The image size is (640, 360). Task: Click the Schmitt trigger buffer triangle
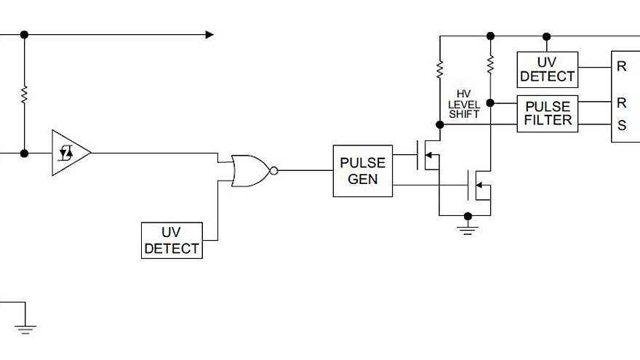click(70, 153)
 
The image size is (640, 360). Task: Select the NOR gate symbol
click(249, 171)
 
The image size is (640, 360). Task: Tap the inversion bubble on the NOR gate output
click(273, 171)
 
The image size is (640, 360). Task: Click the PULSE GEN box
click(362, 171)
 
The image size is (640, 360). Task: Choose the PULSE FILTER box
click(547, 113)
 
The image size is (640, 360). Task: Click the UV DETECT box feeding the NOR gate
click(172, 241)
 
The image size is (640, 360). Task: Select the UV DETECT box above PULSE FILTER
click(547, 69)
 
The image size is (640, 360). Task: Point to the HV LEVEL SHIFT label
click(464, 104)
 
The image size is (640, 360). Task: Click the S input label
click(622, 125)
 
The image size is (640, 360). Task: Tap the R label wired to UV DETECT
click(622, 66)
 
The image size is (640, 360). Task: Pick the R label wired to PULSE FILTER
click(622, 103)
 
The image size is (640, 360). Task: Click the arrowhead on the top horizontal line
click(209, 34)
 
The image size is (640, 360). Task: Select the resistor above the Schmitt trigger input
click(24, 95)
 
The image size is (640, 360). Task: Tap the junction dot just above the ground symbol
click(468, 216)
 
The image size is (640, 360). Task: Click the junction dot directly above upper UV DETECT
click(547, 35)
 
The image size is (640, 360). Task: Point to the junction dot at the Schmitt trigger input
click(24, 153)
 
